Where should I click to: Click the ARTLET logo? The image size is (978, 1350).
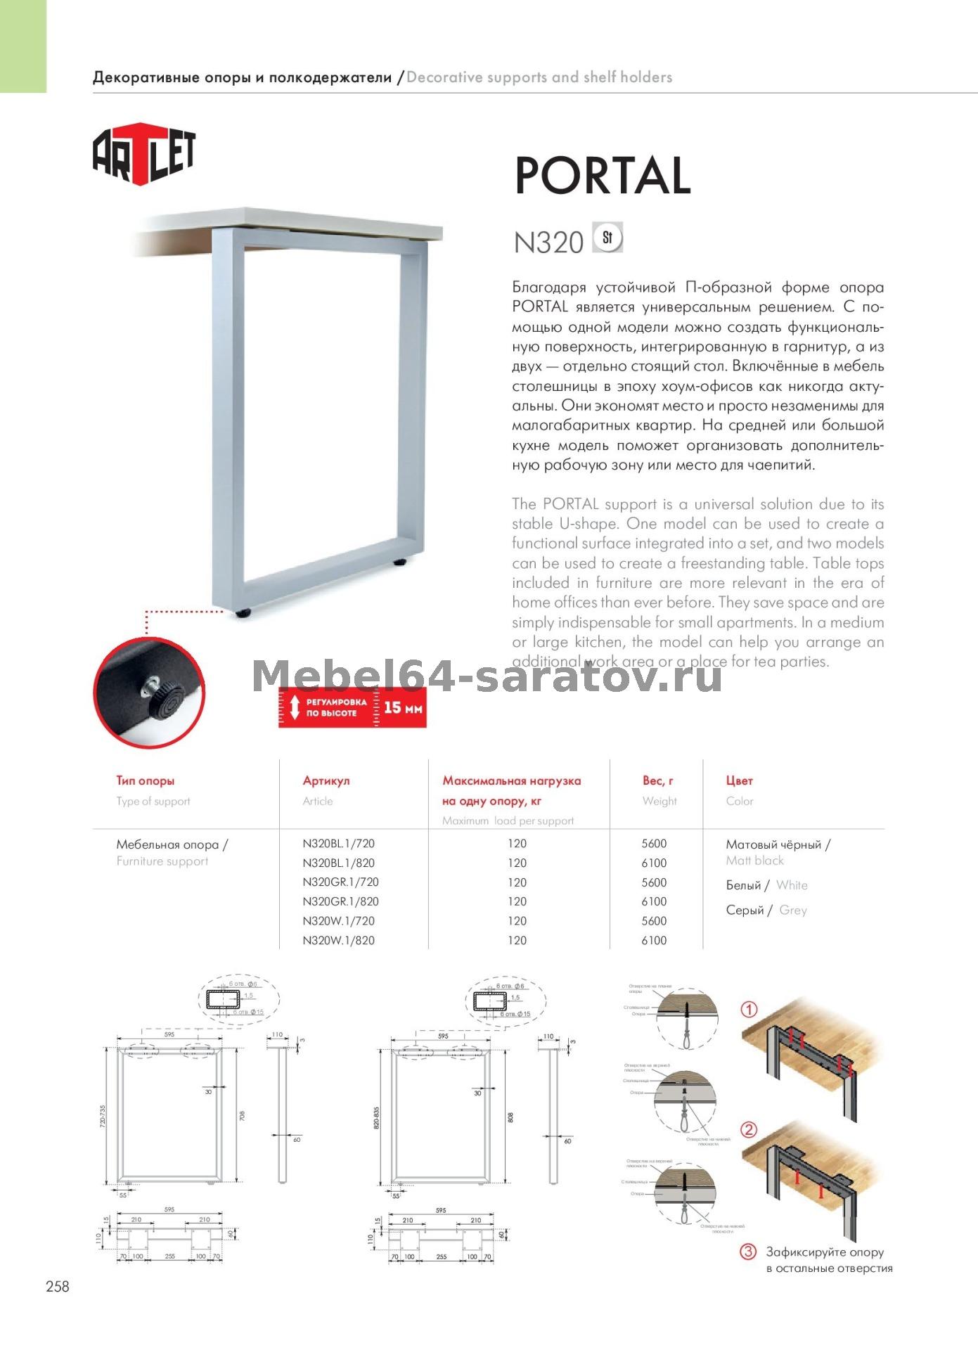pos(144,154)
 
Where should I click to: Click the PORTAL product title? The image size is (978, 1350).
pos(603,176)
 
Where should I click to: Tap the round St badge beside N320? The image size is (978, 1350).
pos(607,238)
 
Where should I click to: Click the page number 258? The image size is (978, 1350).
pos(58,1286)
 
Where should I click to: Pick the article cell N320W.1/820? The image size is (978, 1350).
pos(338,940)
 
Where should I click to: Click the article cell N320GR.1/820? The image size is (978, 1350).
pos(340,901)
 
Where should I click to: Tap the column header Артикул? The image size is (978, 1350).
pos(326,780)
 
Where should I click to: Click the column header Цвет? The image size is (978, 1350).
pos(739,780)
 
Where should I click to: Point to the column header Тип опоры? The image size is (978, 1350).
pos(145,780)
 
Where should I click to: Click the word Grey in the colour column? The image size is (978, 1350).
pos(792,910)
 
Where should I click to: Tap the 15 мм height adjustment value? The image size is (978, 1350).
pos(403,707)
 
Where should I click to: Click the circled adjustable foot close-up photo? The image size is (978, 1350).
pos(149,693)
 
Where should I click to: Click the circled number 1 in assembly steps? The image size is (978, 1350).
pos(749,1010)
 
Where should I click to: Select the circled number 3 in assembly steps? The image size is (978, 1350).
pos(748,1252)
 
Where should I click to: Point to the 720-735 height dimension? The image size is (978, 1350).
pos(103,1117)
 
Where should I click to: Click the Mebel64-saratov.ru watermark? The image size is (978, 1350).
pos(487,676)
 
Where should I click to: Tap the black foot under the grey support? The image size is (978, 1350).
pos(243,613)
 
